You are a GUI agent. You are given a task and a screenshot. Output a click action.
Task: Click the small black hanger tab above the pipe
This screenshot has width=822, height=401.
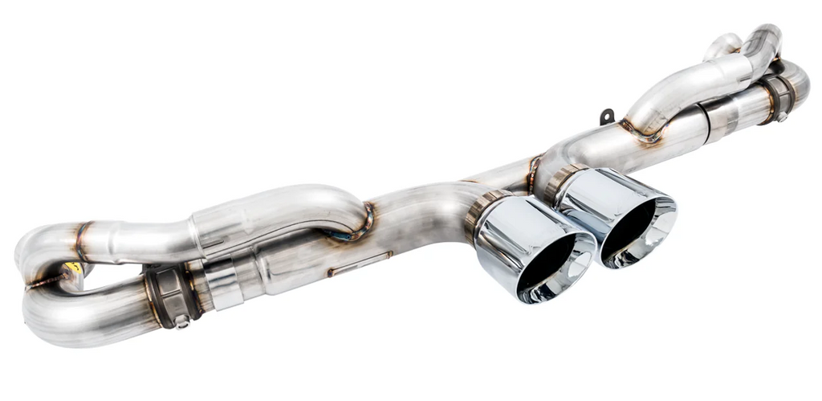click(608, 117)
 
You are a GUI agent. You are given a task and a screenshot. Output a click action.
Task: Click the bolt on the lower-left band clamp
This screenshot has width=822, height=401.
click(181, 321)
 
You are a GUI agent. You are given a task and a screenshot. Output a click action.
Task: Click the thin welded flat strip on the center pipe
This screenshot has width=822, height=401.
click(359, 264)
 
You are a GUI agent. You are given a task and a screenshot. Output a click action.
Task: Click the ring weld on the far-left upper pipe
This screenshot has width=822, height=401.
click(81, 242)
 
